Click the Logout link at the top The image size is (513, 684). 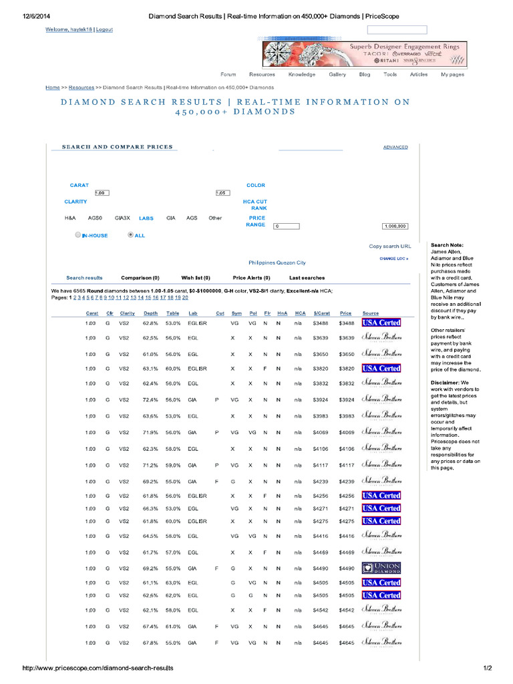click(104, 30)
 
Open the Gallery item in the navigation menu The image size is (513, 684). click(337, 75)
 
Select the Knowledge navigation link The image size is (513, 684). click(302, 75)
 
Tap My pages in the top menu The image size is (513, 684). click(452, 75)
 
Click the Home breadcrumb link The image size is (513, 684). click(53, 88)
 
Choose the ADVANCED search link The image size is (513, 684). click(395, 147)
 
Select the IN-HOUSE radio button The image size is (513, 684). click(78, 235)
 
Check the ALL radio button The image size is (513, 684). click(130, 235)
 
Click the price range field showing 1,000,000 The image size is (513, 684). click(395, 226)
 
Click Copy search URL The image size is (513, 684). click(390, 246)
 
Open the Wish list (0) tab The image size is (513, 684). click(196, 278)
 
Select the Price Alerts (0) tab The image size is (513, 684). click(251, 278)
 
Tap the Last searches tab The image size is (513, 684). click(307, 278)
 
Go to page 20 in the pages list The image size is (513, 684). click(185, 297)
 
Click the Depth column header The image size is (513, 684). click(150, 313)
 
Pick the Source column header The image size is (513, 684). click(370, 313)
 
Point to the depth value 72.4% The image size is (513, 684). click(150, 400)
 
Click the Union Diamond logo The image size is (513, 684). click(381, 568)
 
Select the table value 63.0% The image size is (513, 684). click(173, 582)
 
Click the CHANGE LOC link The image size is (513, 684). click(393, 258)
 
